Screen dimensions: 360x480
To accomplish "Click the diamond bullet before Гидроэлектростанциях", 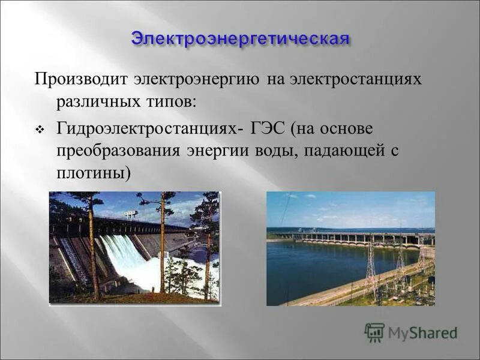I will click(x=40, y=130).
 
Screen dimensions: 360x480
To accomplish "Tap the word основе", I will click(x=347, y=129).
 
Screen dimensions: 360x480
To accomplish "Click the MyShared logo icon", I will click(x=374, y=332).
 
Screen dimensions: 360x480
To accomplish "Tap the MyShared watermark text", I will click(x=422, y=332).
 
